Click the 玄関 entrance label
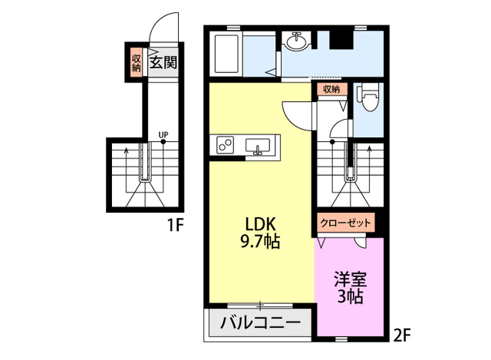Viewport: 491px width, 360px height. click(163, 62)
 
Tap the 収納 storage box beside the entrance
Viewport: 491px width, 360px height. click(137, 62)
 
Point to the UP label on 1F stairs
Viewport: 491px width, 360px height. click(163, 135)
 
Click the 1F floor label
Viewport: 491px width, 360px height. click(175, 225)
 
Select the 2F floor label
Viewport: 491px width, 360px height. click(401, 335)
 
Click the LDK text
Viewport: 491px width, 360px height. click(260, 225)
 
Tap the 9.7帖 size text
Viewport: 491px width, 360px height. click(260, 241)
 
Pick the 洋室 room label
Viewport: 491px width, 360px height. click(350, 280)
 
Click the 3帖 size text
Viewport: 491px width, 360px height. click(350, 296)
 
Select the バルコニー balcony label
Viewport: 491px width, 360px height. click(260, 322)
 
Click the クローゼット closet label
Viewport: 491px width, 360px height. click(345, 223)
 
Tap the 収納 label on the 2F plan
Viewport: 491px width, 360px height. click(331, 89)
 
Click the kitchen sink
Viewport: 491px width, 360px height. click(258, 147)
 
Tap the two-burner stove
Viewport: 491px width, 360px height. click(225, 145)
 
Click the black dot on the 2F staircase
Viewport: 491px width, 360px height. click(332, 141)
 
